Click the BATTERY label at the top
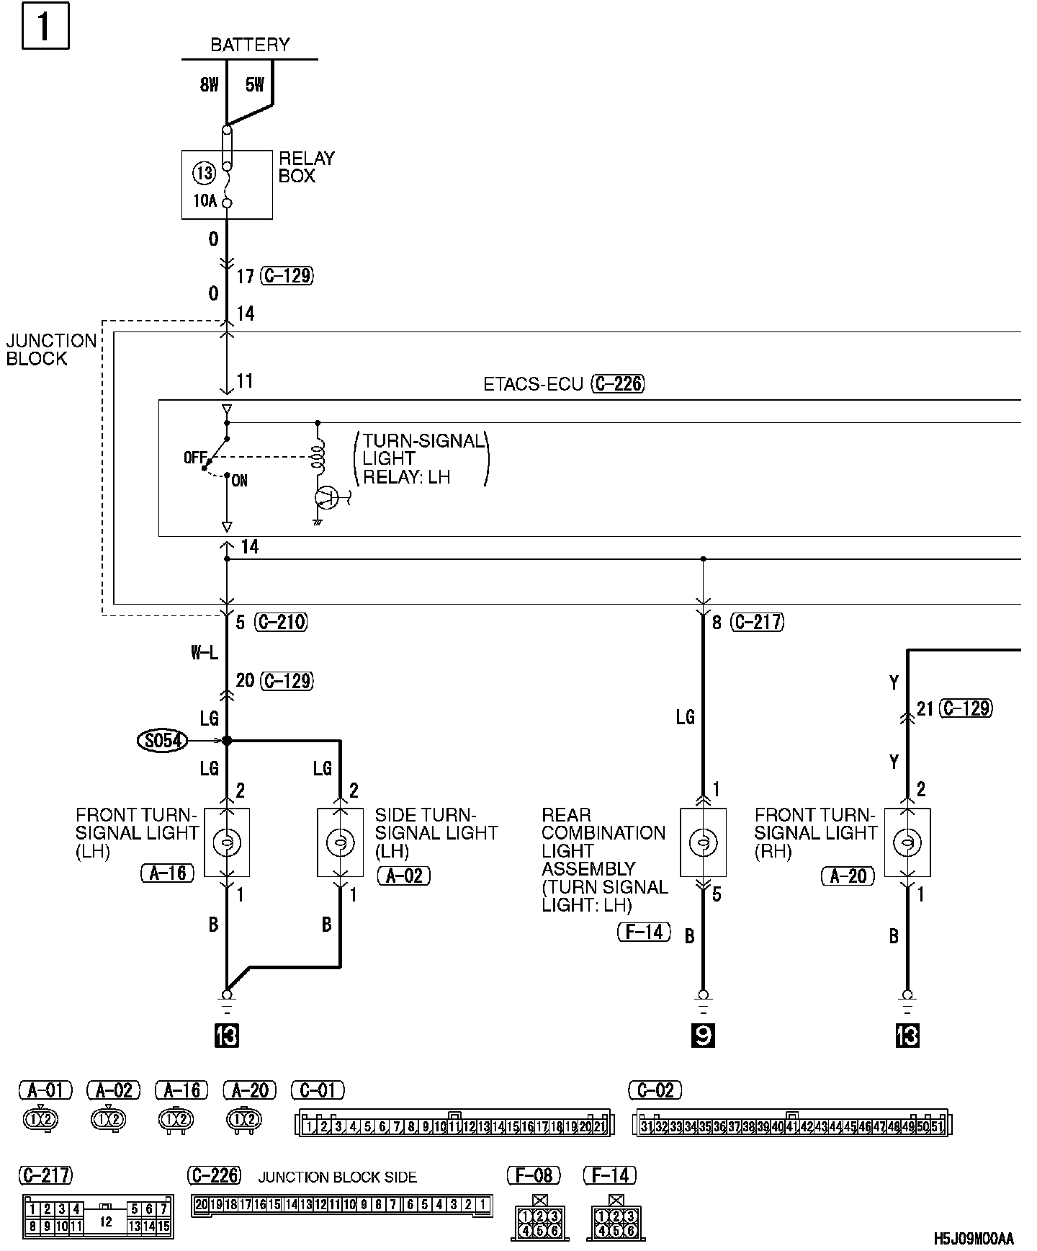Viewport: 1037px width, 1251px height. click(x=250, y=45)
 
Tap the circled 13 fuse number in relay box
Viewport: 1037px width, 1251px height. click(x=205, y=173)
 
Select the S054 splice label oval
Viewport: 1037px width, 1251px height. click(x=164, y=740)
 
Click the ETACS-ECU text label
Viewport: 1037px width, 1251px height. click(x=533, y=384)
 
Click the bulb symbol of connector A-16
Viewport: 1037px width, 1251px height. click(x=227, y=842)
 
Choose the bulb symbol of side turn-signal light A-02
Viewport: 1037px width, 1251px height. click(x=340, y=842)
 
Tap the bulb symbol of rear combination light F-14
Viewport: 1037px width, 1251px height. click(x=703, y=842)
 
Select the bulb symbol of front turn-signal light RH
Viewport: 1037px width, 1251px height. click(x=907, y=842)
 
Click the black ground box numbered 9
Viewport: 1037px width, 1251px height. click(x=703, y=1036)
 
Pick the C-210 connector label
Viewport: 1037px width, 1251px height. click(x=282, y=622)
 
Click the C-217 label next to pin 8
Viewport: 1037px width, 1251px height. click(x=758, y=622)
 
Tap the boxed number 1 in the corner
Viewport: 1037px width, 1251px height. click(x=45, y=27)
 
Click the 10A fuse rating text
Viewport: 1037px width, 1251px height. click(x=205, y=201)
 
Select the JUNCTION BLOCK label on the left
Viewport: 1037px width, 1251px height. click(x=50, y=350)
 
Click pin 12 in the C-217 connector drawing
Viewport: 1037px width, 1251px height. click(x=106, y=1221)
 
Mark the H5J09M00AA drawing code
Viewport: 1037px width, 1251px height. click(x=973, y=1239)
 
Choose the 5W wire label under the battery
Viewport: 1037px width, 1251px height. click(x=255, y=85)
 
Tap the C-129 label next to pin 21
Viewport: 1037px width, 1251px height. click(x=966, y=708)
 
